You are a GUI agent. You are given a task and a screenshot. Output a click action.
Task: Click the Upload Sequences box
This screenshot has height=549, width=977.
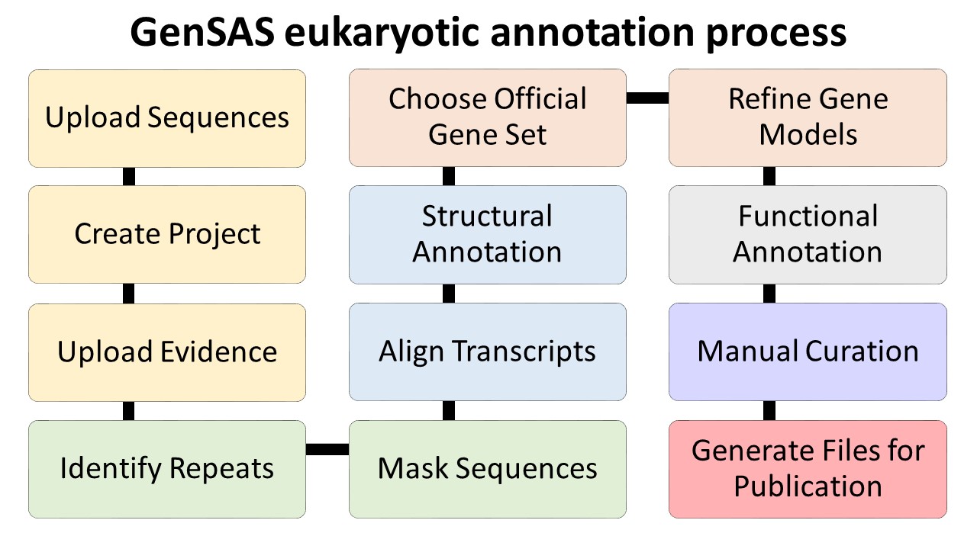(167, 118)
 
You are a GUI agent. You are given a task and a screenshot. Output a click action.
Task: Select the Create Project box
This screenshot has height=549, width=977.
(167, 234)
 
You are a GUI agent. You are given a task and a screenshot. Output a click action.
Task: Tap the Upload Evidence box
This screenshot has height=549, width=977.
(167, 352)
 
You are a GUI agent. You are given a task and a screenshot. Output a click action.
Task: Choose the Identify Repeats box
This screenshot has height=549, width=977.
(167, 469)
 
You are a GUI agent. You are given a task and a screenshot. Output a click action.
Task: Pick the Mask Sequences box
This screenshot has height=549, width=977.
(488, 469)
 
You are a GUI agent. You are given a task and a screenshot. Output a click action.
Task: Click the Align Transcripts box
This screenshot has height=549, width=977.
(488, 352)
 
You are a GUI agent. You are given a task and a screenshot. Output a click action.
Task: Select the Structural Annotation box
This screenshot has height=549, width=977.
(488, 235)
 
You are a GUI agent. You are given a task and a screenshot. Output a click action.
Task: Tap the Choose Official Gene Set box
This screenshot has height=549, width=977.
(488, 117)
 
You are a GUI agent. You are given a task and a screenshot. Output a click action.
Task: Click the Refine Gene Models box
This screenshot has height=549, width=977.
(808, 117)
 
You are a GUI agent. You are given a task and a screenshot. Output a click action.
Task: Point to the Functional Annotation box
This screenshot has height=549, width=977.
(808, 235)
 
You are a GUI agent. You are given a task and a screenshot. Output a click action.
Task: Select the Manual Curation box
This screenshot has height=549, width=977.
(808, 352)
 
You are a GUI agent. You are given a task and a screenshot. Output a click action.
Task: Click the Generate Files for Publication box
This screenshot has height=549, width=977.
(808, 469)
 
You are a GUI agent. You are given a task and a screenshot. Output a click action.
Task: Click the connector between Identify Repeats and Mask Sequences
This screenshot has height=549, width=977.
(327, 449)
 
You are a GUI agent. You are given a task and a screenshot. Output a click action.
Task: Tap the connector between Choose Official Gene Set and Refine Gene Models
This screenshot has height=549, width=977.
(648, 98)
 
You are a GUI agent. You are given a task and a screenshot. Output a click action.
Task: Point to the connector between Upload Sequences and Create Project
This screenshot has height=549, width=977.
(129, 176)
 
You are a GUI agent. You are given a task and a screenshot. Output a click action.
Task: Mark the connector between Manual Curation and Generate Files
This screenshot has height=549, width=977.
(769, 410)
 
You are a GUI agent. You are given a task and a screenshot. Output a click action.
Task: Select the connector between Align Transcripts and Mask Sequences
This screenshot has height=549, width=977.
(449, 410)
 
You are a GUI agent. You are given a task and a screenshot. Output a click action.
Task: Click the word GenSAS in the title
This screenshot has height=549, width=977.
(202, 32)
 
